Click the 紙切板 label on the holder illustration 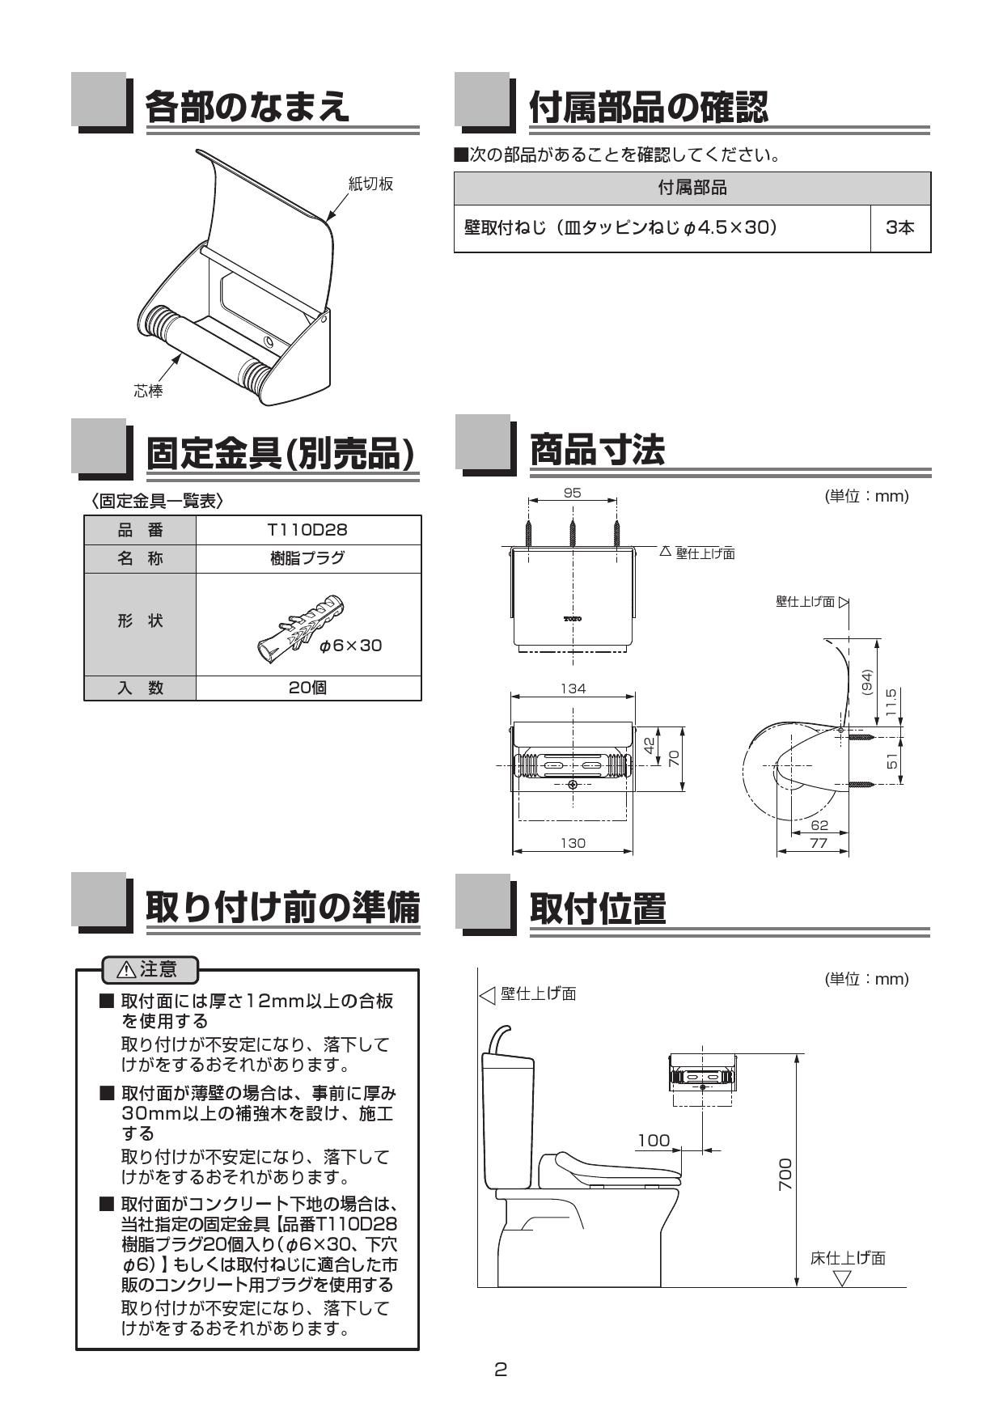click(x=370, y=184)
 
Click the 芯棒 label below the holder click(x=148, y=392)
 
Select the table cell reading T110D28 click(x=307, y=530)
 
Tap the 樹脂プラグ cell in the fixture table click(x=307, y=558)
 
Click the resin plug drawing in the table click(x=300, y=626)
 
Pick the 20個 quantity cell click(x=307, y=688)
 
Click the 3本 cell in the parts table click(x=900, y=228)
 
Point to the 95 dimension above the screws click(x=572, y=493)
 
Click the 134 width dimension click(x=573, y=688)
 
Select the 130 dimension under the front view click(x=573, y=843)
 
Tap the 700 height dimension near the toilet click(x=785, y=1173)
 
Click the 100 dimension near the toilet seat click(x=654, y=1141)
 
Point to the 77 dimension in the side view click(x=819, y=843)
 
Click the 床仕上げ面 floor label click(x=848, y=1258)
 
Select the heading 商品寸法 click(x=597, y=450)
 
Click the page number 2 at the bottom click(x=501, y=1370)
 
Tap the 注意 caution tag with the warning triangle click(x=150, y=968)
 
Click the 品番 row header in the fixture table click(x=140, y=530)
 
